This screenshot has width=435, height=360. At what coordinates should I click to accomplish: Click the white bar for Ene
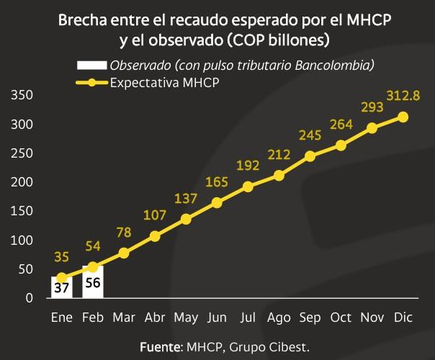point(61,287)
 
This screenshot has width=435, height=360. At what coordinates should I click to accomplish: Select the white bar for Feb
point(92,282)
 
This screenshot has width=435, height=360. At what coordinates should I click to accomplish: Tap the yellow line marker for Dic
point(403,117)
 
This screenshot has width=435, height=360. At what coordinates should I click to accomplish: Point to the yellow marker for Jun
point(217,202)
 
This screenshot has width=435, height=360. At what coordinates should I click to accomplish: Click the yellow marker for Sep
point(310,156)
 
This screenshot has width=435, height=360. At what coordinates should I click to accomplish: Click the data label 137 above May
point(186,199)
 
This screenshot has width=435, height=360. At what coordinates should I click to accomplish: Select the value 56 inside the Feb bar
point(92,284)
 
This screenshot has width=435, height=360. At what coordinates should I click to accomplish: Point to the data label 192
point(248,166)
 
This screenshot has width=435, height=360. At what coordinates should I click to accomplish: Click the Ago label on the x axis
point(279,318)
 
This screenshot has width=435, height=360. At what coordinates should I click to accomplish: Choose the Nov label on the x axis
point(372,318)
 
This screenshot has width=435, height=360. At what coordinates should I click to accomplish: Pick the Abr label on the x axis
point(155,318)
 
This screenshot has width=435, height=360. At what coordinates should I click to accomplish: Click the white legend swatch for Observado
point(91,66)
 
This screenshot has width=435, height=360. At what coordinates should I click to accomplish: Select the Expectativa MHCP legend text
point(164,82)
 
